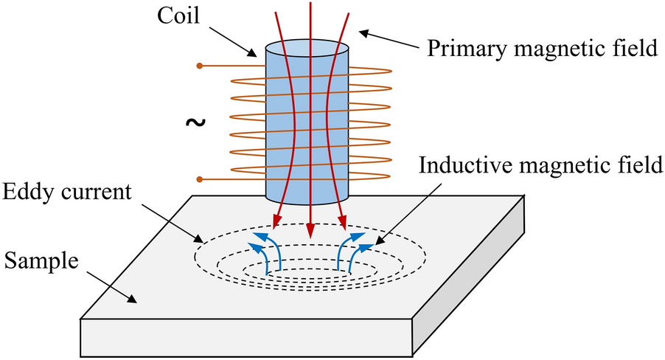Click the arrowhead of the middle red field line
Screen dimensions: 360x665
click(310, 226)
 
